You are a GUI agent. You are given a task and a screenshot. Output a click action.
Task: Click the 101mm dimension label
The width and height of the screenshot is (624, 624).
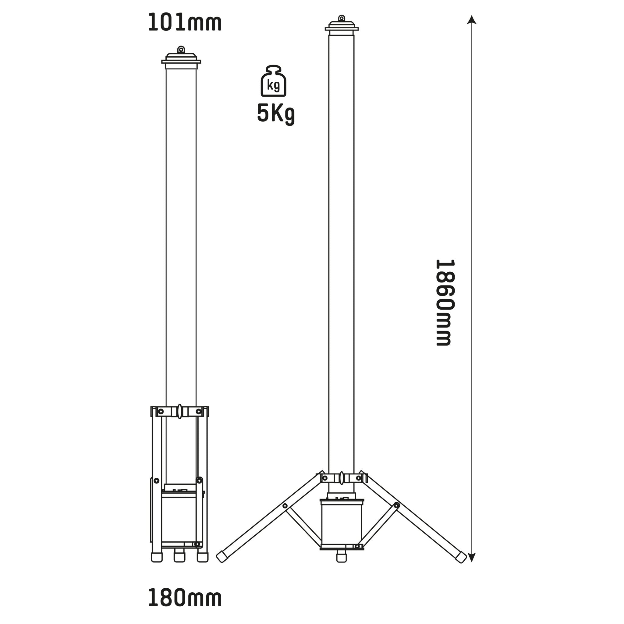(184, 23)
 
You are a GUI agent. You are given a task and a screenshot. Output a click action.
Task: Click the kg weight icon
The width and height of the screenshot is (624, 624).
(273, 81)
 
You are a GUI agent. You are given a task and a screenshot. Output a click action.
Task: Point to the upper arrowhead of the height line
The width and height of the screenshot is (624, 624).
(472, 20)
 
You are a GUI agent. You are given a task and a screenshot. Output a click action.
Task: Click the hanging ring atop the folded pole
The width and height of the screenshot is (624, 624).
(181, 49)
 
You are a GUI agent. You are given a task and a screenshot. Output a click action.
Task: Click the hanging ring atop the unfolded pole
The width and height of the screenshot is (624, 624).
(341, 18)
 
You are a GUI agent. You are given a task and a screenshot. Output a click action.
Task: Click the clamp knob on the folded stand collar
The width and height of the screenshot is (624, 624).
(180, 411)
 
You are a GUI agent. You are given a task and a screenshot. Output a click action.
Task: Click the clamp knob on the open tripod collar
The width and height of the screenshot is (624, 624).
(341, 478)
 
